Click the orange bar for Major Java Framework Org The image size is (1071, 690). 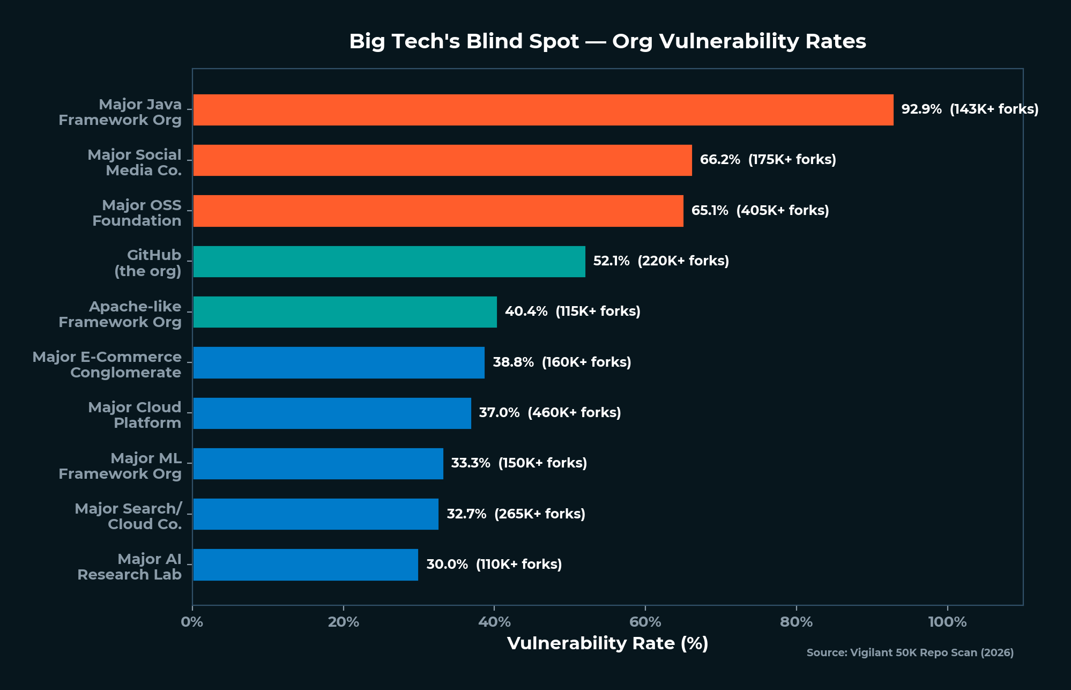click(x=543, y=110)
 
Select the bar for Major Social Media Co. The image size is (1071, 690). click(x=442, y=160)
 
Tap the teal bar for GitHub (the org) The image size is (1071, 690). click(x=389, y=262)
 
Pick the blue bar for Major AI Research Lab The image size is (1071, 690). click(x=306, y=565)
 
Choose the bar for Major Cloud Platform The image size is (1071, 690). click(x=332, y=413)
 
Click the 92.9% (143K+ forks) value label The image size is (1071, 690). click(x=969, y=109)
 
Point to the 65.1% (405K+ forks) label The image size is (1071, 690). click(x=760, y=211)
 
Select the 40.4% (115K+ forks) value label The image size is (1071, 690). click(x=572, y=311)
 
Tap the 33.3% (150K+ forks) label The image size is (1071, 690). click(x=518, y=463)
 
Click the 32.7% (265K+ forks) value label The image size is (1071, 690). click(x=515, y=514)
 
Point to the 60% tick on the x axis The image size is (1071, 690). click(x=645, y=622)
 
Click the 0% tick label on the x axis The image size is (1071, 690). click(x=192, y=622)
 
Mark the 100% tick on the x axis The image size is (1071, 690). click(x=947, y=622)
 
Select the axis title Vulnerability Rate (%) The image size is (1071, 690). click(x=607, y=643)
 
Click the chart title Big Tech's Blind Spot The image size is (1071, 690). click(x=607, y=41)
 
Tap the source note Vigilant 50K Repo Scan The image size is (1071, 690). click(x=910, y=653)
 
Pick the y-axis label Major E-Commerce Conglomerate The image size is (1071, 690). click(x=107, y=365)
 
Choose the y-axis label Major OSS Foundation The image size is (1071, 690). click(x=137, y=213)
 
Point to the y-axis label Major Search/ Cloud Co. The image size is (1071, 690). click(x=128, y=516)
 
